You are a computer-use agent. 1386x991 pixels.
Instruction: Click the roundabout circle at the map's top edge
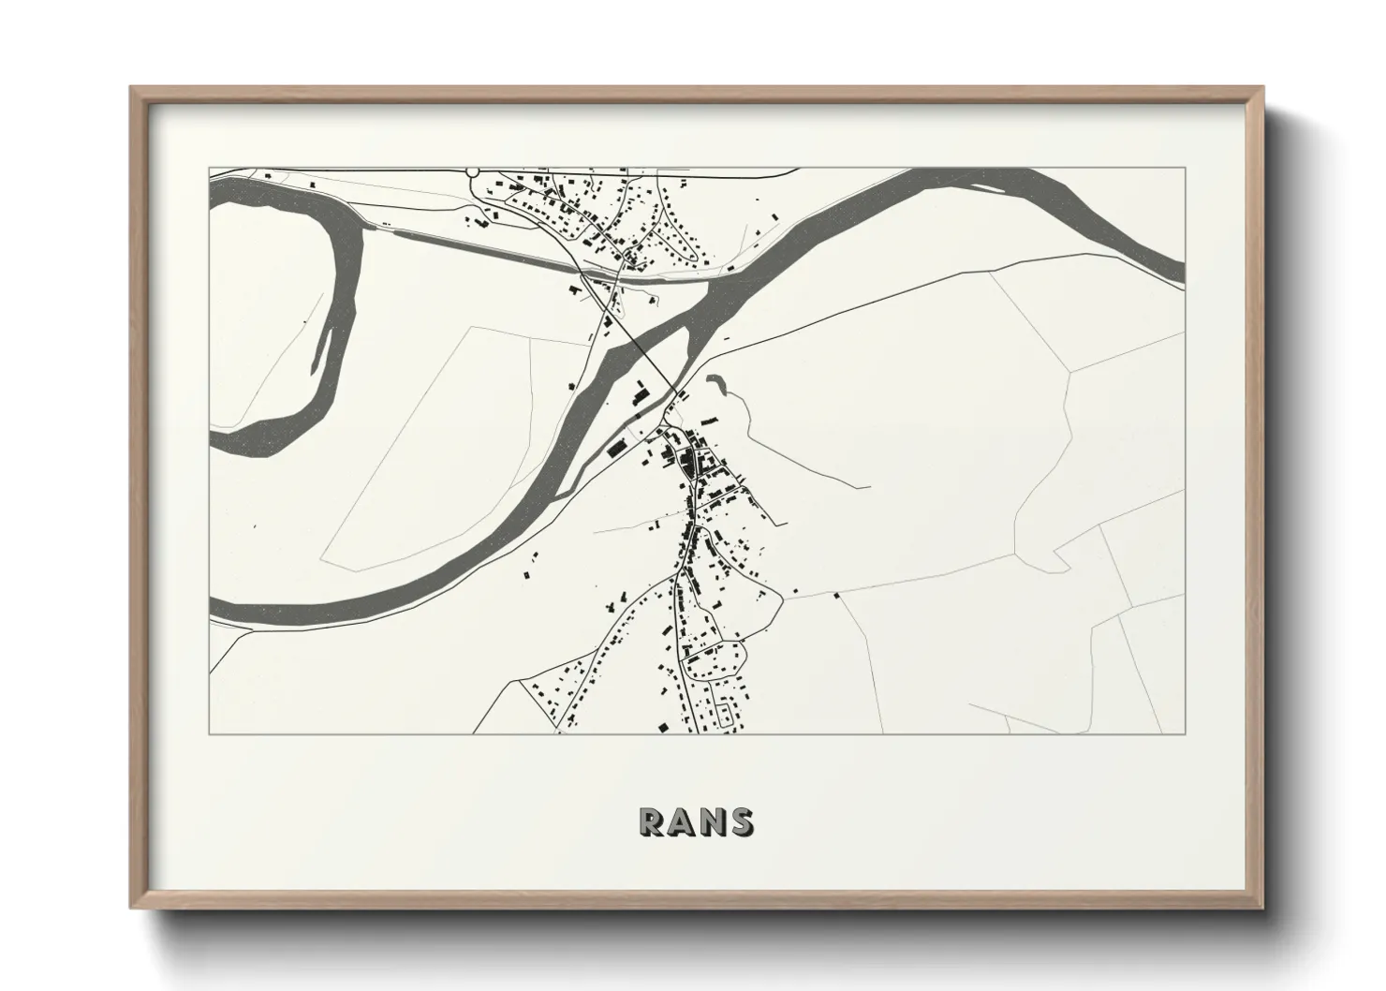(472, 171)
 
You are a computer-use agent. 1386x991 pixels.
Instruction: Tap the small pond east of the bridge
(717, 383)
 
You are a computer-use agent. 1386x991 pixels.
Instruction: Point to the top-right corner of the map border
(1186, 168)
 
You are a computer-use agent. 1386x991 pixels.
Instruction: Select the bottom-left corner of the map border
(209, 733)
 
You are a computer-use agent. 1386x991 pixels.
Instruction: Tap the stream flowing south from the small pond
(749, 422)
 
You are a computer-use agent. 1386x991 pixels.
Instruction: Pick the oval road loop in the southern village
(715, 658)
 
